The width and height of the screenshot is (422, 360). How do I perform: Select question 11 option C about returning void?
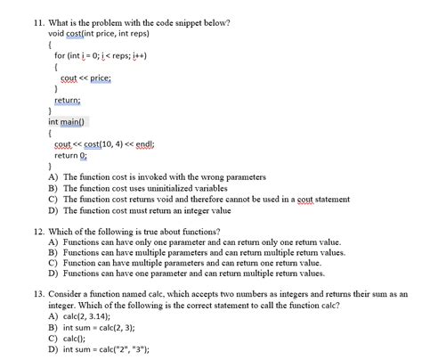pyautogui.click(x=205, y=200)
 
